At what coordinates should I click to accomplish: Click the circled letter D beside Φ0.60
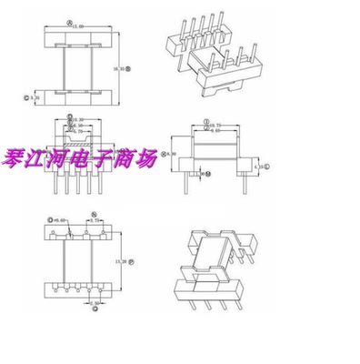coord(48,219)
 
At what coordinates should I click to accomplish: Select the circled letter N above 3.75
coord(94,217)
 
